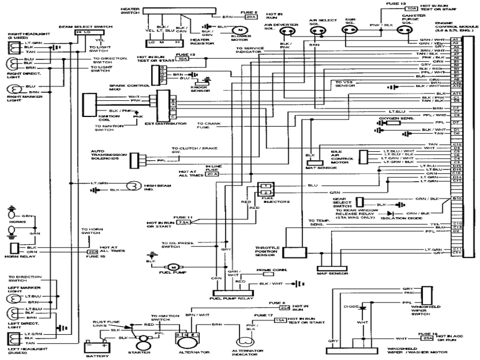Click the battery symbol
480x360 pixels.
tap(97, 347)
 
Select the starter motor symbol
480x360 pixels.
tap(143, 343)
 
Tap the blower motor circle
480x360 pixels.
tap(240, 29)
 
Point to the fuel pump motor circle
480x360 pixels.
tap(173, 266)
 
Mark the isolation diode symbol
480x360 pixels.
tap(391, 212)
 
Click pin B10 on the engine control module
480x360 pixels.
tap(457, 198)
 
